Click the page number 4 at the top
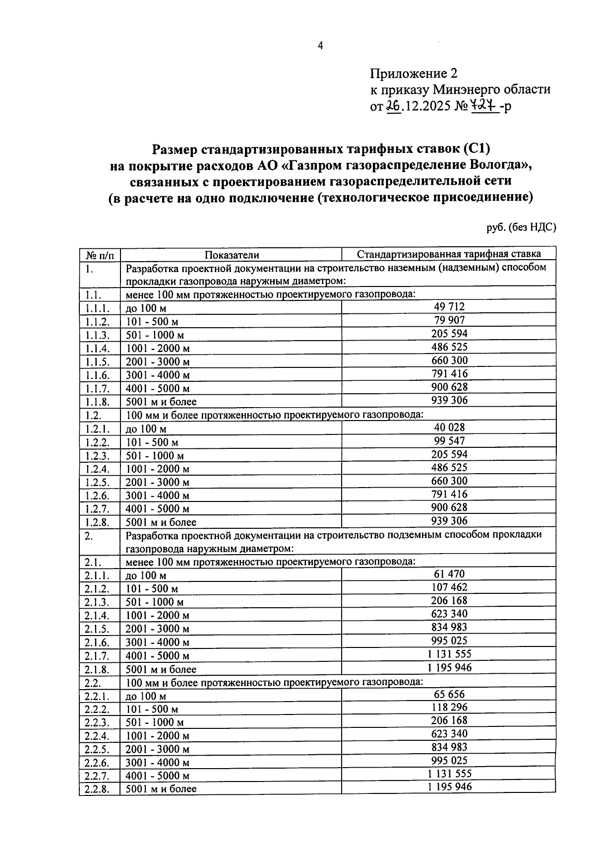tap(320, 46)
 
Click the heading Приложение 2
tap(413, 74)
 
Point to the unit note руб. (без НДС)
tap(521, 227)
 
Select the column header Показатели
tap(232, 255)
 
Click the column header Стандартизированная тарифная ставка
tap(449, 254)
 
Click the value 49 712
tap(449, 307)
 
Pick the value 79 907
tap(449, 320)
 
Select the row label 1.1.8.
tap(97, 401)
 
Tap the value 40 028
tap(449, 427)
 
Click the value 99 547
tap(449, 440)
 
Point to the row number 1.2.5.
tap(97, 482)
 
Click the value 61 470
tap(449, 574)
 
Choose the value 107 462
tap(449, 587)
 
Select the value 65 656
tap(449, 694)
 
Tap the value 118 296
tap(449, 707)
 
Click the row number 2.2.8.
tap(97, 788)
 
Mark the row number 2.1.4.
tap(97, 615)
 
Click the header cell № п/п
tap(100, 255)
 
